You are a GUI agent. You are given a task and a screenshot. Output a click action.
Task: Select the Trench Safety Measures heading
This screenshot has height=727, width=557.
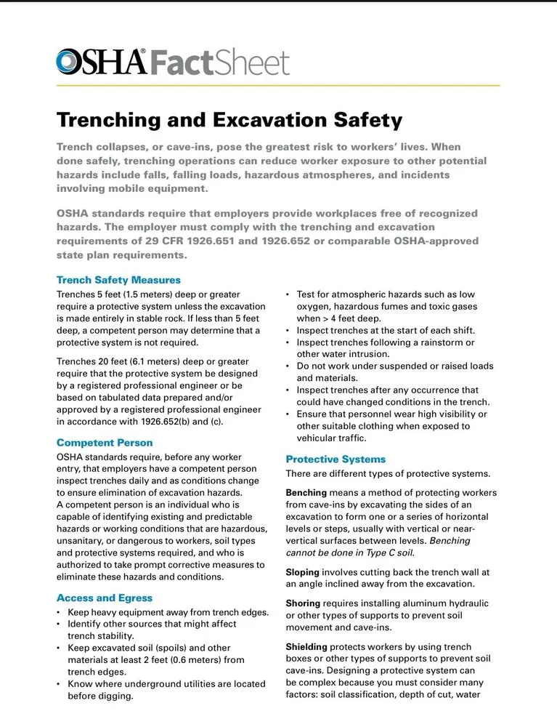click(x=118, y=280)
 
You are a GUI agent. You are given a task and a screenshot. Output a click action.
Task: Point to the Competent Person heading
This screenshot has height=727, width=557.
click(x=105, y=443)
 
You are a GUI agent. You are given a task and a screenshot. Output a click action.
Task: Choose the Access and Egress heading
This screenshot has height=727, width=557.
click(x=105, y=598)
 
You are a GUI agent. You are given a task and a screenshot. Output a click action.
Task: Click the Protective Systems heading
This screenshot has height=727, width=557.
click(x=336, y=459)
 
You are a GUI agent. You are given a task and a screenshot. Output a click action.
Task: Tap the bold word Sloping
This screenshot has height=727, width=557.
click(x=302, y=573)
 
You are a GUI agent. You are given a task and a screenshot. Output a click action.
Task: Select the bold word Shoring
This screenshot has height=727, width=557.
click(x=303, y=603)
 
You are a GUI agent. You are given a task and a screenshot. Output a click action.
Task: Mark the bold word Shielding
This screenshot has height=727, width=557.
click(x=306, y=647)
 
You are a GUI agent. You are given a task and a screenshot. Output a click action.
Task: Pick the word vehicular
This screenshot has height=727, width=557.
click(x=320, y=438)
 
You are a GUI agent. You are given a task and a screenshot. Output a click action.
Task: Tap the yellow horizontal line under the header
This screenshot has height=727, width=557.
click(x=278, y=86)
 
